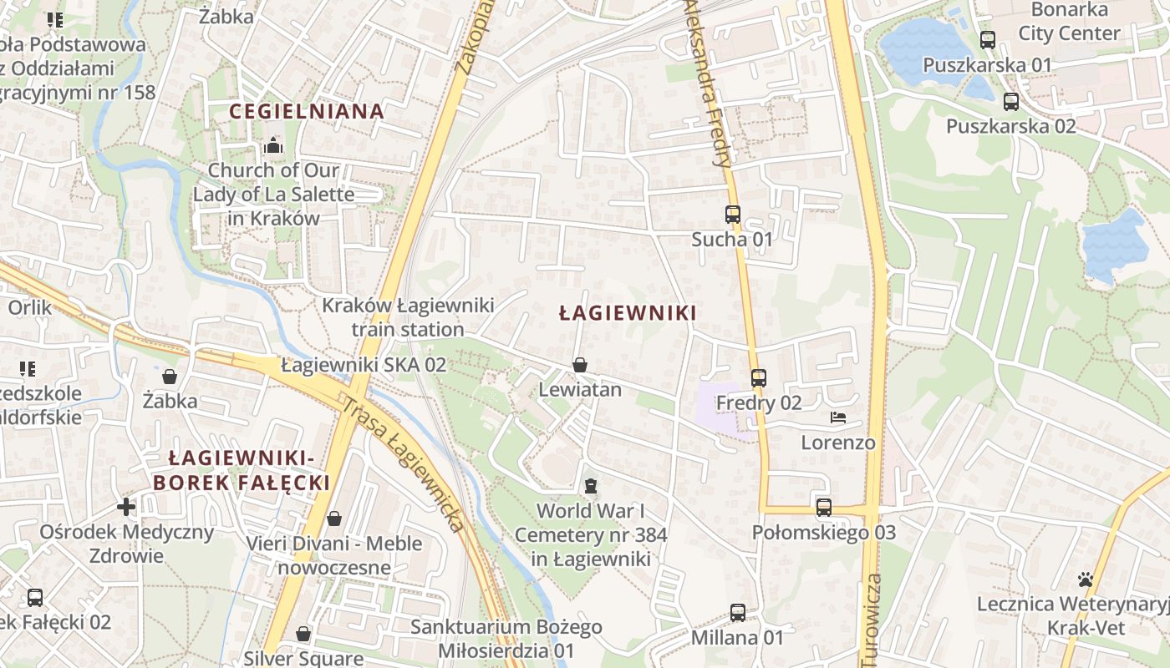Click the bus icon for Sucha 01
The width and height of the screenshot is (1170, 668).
tap(733, 215)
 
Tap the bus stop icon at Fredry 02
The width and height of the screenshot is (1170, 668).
tap(758, 378)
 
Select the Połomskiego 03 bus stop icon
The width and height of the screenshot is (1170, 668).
tap(824, 508)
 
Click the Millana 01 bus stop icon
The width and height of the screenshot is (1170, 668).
tap(738, 613)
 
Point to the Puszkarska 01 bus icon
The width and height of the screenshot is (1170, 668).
tap(988, 39)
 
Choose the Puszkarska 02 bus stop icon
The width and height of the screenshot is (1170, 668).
tap(1011, 102)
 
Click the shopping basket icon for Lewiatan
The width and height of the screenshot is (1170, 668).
tap(580, 365)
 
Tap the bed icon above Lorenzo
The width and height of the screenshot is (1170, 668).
tap(838, 417)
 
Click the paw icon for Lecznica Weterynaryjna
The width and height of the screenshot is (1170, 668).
tap(1086, 579)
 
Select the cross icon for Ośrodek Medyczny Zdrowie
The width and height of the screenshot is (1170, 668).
tap(126, 506)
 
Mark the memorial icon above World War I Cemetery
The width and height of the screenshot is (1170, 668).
tap(591, 485)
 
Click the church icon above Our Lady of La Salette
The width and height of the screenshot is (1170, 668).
tap(273, 146)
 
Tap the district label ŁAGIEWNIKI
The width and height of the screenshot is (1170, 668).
tap(628, 313)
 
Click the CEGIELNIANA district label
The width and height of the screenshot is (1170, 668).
tap(307, 111)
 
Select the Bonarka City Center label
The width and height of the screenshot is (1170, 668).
tap(1069, 22)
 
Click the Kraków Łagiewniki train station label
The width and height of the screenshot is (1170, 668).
tap(408, 317)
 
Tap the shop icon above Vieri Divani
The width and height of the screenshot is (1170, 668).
tap(334, 519)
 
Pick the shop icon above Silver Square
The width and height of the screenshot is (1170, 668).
tap(303, 634)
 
